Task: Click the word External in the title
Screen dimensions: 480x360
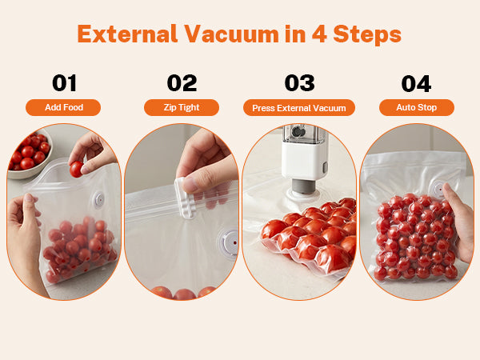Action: click(x=127, y=34)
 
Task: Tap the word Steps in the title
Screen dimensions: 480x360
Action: click(x=367, y=35)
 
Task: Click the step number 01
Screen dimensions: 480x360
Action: click(x=64, y=83)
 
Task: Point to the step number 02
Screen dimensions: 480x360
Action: click(x=182, y=83)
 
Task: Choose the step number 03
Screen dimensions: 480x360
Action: click(x=299, y=83)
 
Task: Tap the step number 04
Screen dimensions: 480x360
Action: click(x=416, y=83)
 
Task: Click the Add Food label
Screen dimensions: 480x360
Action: click(x=63, y=107)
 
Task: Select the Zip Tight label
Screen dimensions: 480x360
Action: click(x=182, y=107)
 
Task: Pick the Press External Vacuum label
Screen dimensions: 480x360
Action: click(x=299, y=108)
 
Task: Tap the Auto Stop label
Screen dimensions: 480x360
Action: click(x=417, y=107)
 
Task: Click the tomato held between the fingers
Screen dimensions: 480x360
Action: click(x=76, y=169)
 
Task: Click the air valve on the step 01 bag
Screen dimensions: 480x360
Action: click(x=99, y=200)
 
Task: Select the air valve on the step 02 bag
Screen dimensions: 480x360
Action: click(x=228, y=243)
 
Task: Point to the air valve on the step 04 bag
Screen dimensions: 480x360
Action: click(x=438, y=190)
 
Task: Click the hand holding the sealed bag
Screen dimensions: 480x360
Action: click(x=458, y=221)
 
